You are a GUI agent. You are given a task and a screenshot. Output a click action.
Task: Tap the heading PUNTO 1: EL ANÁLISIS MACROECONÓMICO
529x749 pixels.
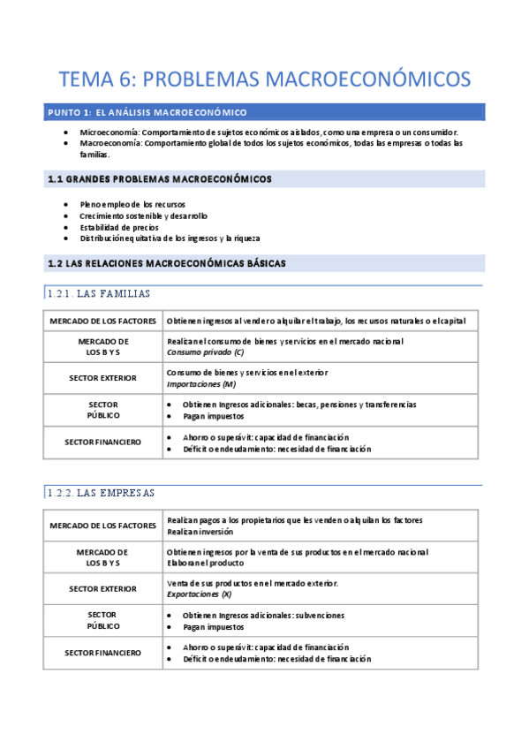(x=147, y=112)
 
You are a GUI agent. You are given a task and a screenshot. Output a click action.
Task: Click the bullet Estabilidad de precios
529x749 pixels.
(x=119, y=227)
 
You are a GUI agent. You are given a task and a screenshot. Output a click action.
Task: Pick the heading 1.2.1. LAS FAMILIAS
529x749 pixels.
(x=99, y=293)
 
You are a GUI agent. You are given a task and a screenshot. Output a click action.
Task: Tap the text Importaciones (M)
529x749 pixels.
(x=200, y=384)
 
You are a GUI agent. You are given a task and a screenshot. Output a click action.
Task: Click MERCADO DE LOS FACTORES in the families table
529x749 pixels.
(x=103, y=320)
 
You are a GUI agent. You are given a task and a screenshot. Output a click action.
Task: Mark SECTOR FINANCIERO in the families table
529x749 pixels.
(x=102, y=443)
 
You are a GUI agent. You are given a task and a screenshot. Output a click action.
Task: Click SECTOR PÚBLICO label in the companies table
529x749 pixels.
(x=102, y=620)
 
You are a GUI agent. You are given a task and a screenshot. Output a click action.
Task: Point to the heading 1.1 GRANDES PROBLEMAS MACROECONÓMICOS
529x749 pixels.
(x=159, y=179)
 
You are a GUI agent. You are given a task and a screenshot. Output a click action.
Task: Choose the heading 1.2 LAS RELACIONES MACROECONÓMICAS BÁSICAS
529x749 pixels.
(x=166, y=263)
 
